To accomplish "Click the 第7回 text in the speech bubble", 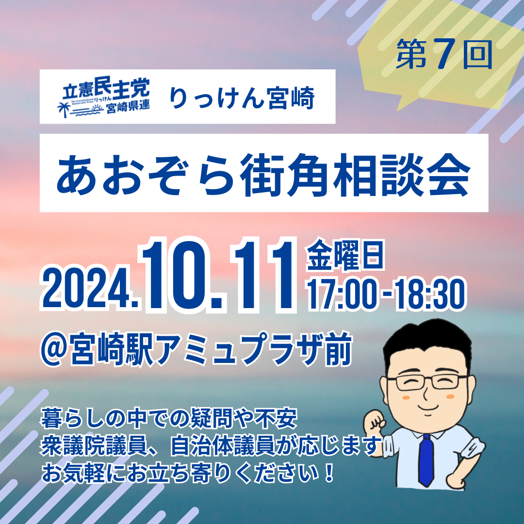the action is point(444,54).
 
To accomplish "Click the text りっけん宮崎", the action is point(242,98).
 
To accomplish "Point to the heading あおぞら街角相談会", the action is point(263,175).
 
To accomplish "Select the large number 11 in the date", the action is point(263,274).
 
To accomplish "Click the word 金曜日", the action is point(345,255).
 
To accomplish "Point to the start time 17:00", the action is point(342,295).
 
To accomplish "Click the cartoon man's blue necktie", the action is point(426,460).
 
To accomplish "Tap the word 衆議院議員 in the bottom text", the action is point(94,446).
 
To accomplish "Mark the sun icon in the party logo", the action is point(97,108).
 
